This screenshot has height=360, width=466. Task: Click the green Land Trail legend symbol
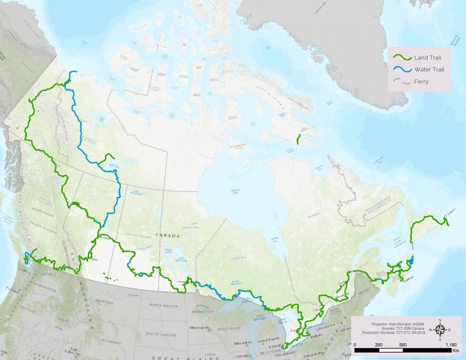click(402, 57)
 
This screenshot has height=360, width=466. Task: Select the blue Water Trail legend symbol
click(402, 70)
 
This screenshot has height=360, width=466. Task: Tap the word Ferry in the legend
click(421, 82)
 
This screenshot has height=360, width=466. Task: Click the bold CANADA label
click(168, 236)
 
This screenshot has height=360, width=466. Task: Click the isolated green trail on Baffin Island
click(298, 139)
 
